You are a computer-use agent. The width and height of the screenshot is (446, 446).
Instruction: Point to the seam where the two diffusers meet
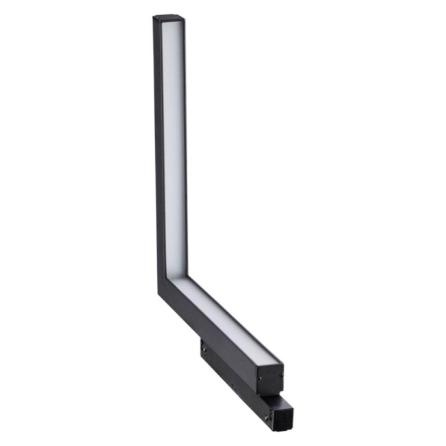coord(172,277)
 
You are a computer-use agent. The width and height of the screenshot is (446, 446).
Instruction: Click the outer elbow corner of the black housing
coord(160,291)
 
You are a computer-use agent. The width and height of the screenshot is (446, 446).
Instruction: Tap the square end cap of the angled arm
coord(270,379)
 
